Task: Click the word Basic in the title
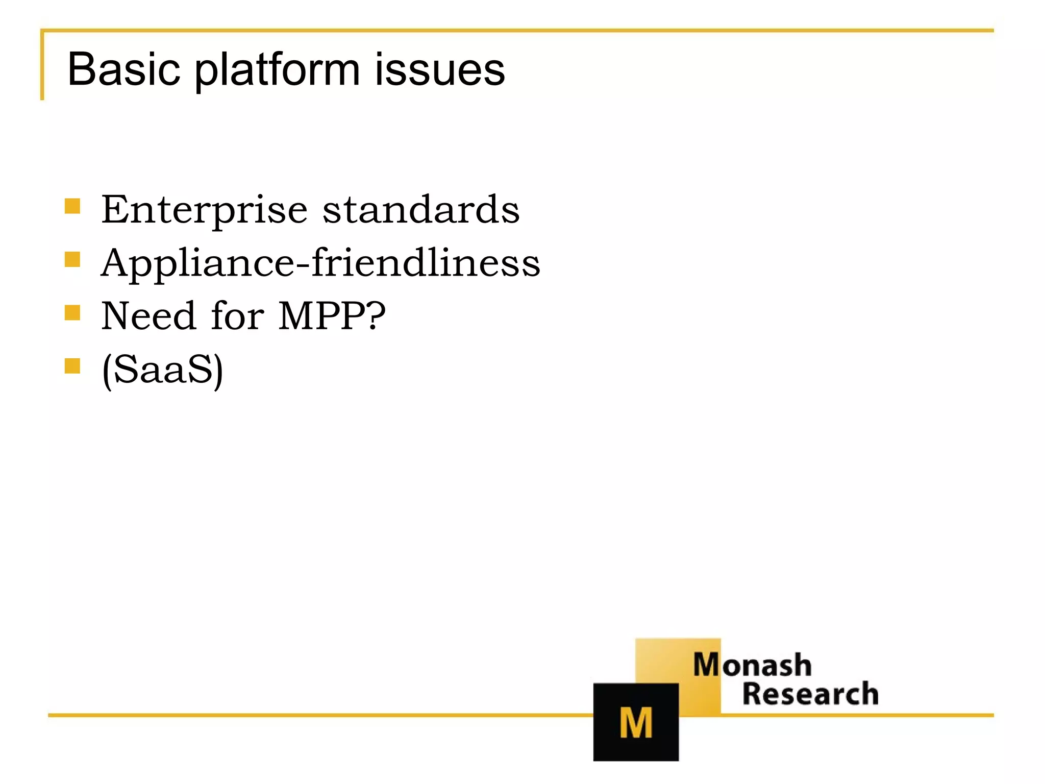pos(123,69)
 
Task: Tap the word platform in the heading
pos(278,70)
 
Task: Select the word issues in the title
pos(439,69)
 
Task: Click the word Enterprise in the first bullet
pos(204,210)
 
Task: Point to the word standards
pos(421,209)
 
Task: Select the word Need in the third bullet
pos(148,316)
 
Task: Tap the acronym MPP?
pos(332,316)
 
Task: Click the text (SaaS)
pos(162,370)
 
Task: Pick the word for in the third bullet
pos(237,316)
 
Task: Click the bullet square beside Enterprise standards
pos(72,206)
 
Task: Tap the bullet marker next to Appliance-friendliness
pos(72,259)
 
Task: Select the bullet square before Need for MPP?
pos(72,312)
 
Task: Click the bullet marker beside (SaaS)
pos(72,366)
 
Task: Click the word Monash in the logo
pos(752,665)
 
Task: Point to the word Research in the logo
pos(810,694)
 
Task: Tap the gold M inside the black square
pos(636,723)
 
